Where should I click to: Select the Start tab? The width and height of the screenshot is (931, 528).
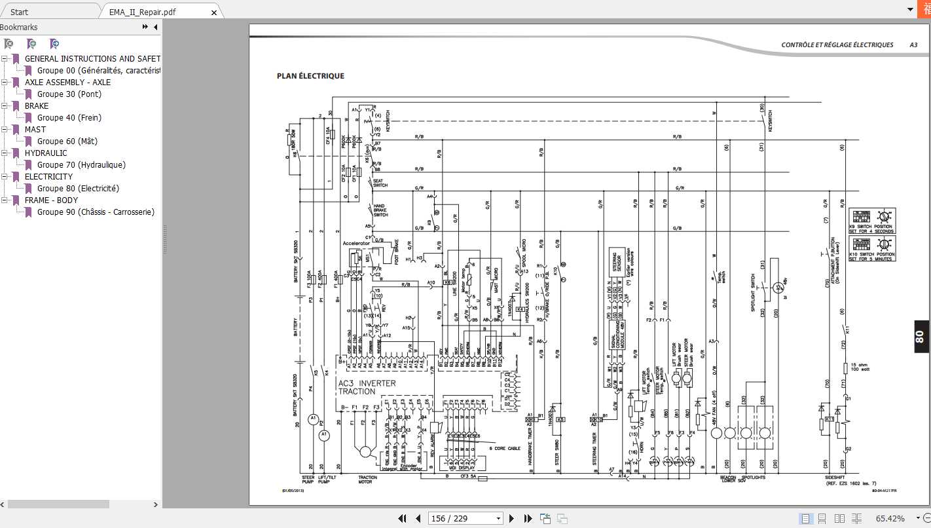pos(20,12)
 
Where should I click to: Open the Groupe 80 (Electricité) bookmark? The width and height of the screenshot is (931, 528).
pos(78,189)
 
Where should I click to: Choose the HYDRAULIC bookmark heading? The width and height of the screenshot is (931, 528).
pos(46,153)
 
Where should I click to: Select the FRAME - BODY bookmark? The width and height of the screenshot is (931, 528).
pos(51,200)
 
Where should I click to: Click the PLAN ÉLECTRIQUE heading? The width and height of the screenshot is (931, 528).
pos(310,76)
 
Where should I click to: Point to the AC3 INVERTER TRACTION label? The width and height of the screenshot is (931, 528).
pos(367,387)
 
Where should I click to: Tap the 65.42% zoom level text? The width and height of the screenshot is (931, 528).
pos(890,518)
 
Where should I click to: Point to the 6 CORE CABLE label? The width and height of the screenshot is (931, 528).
pos(504,448)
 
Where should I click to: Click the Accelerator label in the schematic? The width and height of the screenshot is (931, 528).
pos(356,243)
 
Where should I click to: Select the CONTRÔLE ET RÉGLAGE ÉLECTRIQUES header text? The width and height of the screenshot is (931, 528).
pos(837,45)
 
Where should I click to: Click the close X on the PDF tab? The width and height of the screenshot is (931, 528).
pos(214,12)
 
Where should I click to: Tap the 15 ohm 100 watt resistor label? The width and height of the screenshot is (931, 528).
pos(860,368)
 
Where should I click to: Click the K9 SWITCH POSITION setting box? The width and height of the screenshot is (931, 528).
pos(872,221)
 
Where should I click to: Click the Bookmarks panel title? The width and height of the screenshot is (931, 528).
pos(19,28)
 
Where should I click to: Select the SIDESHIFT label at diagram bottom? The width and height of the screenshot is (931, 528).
pos(837,478)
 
